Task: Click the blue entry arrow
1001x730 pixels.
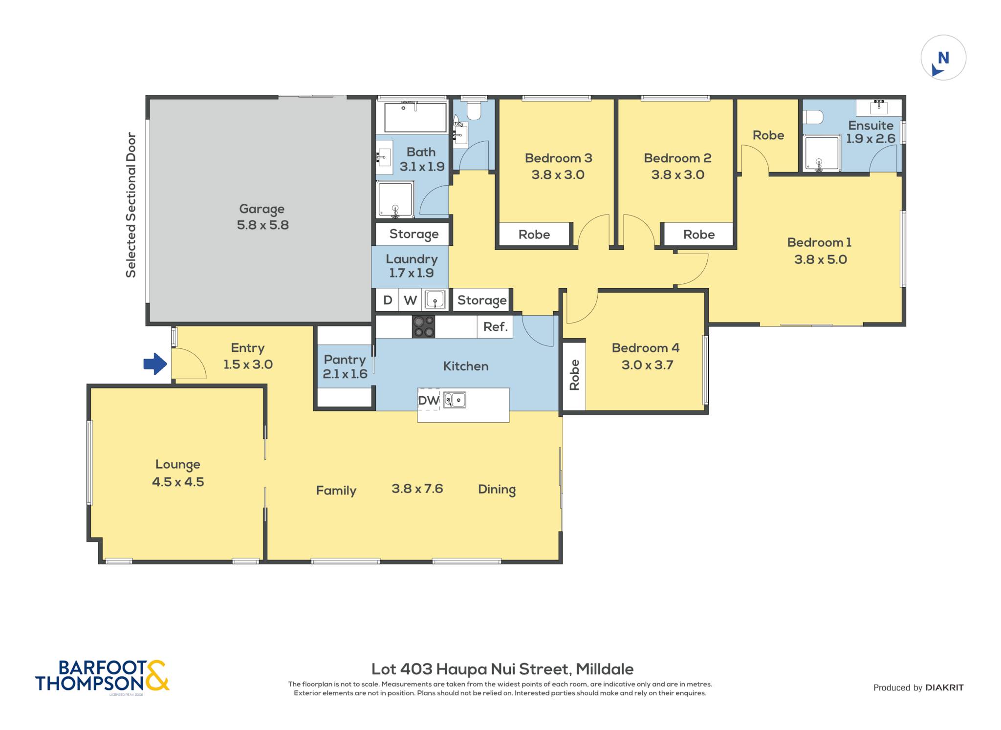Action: tap(155, 364)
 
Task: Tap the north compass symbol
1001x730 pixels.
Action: tap(943, 58)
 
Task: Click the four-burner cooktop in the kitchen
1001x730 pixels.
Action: tap(424, 326)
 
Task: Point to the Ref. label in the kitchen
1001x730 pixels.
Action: tap(495, 326)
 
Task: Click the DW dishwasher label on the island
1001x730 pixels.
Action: tap(429, 400)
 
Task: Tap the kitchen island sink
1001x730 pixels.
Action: tap(455, 400)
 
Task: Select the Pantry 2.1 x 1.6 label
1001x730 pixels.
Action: tap(345, 367)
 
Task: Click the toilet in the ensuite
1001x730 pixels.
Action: tap(813, 117)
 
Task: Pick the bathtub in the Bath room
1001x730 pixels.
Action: tap(415, 117)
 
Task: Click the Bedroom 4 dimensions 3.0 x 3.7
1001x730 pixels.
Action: tap(647, 365)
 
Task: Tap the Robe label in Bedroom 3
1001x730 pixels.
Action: tap(534, 235)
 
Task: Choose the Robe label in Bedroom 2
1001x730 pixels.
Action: tap(699, 235)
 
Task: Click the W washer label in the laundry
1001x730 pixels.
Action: tap(410, 300)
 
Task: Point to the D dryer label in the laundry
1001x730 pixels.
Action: tap(388, 300)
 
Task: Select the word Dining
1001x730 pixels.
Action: tap(497, 490)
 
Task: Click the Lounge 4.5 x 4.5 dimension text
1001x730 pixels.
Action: tap(178, 482)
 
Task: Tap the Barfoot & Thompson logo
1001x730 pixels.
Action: tap(102, 676)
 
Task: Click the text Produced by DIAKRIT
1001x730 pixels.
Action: tap(918, 687)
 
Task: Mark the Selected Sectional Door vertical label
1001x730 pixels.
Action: tap(131, 205)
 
